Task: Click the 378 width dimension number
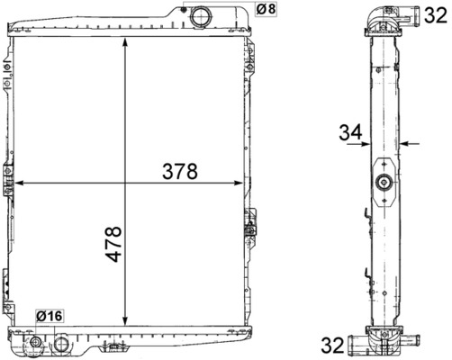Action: pyautogui.click(x=179, y=171)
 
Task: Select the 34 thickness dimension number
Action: pyautogui.click(x=350, y=132)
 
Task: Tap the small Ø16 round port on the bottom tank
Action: pyautogui.click(x=36, y=344)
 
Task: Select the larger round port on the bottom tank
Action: pyautogui.click(x=62, y=343)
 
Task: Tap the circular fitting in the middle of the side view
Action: pyautogui.click(x=385, y=184)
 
